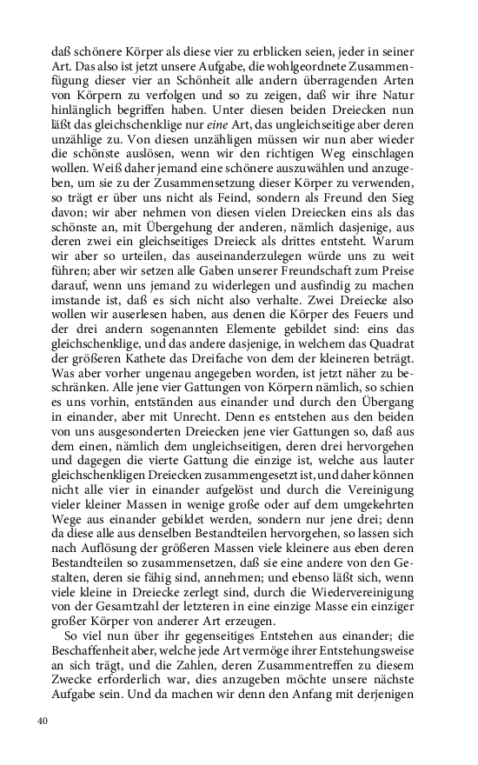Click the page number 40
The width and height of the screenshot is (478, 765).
point(43,721)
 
